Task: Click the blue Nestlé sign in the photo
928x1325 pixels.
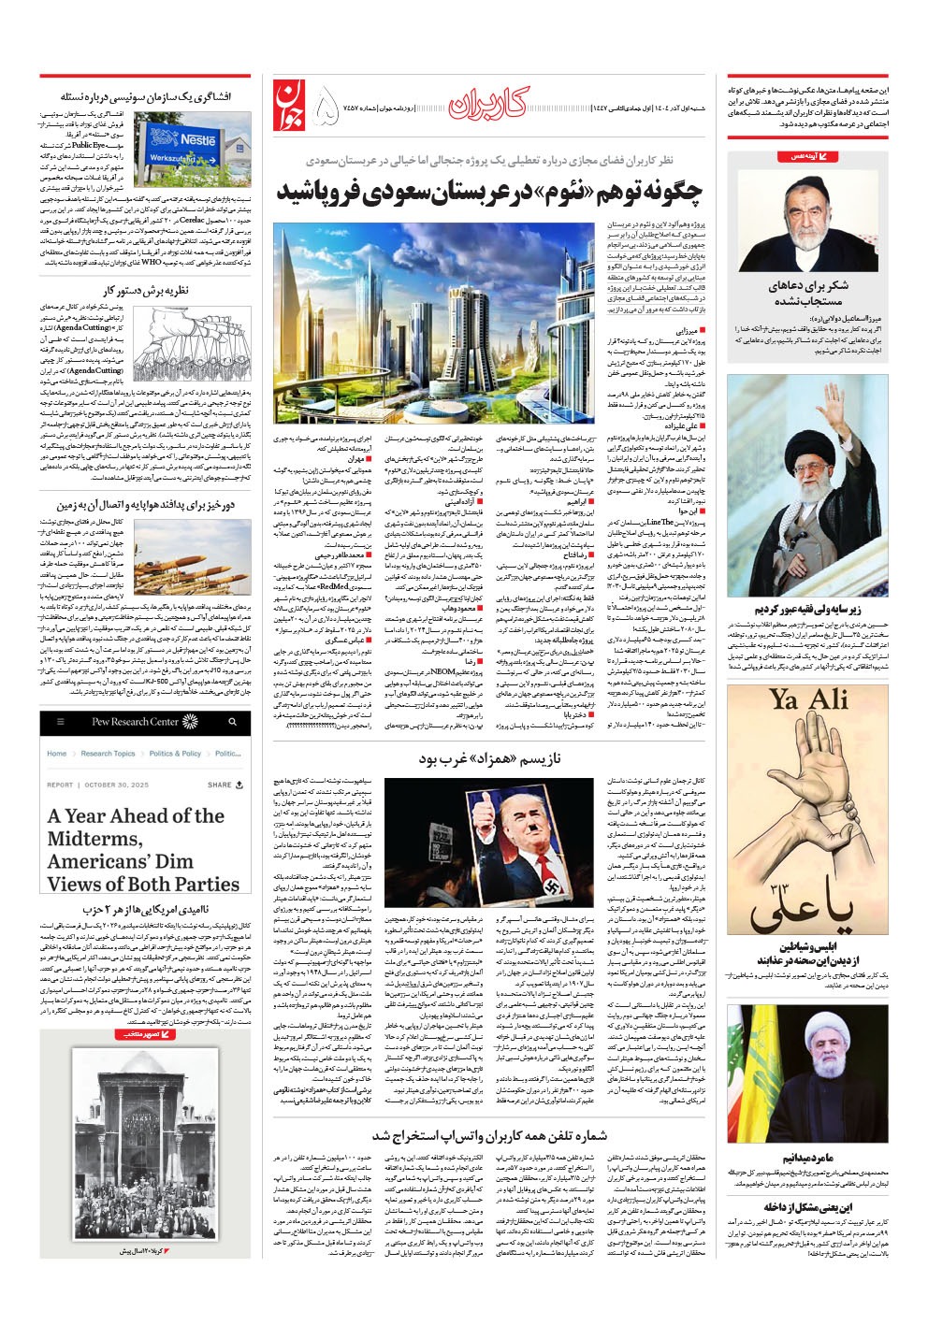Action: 197,139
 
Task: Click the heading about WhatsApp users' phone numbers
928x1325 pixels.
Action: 489,1135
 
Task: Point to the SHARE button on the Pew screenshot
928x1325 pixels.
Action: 225,785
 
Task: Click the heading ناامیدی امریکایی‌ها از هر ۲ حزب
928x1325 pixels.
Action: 145,909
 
